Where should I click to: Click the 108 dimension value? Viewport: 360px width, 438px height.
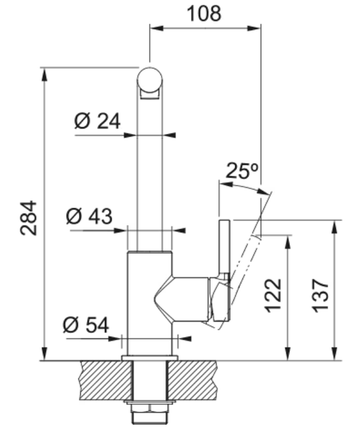click(x=204, y=13)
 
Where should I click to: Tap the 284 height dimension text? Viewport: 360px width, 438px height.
click(x=28, y=218)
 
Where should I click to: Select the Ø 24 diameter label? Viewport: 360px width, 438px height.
click(x=97, y=121)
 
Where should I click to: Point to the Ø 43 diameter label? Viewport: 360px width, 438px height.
click(x=90, y=216)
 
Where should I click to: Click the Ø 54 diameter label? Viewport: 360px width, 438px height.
click(x=86, y=325)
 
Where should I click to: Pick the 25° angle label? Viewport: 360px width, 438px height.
click(x=241, y=170)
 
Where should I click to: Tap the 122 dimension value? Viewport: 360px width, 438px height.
click(x=273, y=295)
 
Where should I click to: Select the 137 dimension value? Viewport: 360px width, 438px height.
click(x=320, y=295)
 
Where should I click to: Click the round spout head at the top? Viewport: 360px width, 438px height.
click(x=149, y=80)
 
